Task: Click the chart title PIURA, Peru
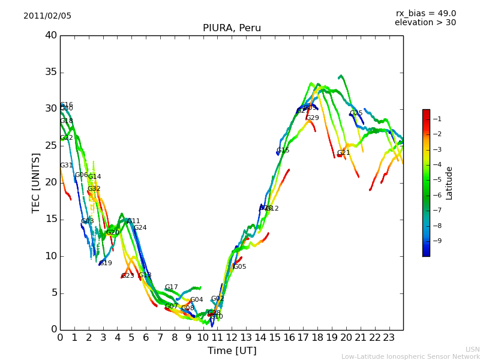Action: click(232, 28)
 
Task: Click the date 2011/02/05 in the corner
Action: click(47, 16)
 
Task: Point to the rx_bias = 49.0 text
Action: click(425, 14)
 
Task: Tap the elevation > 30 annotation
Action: click(425, 23)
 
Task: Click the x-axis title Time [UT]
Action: click(232, 351)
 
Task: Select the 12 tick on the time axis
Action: click(232, 337)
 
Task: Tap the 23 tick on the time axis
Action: click(389, 337)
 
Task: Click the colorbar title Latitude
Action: click(449, 183)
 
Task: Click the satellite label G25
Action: click(356, 113)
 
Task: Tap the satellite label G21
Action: click(343, 153)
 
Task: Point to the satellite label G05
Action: click(239, 267)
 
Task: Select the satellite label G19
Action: click(106, 263)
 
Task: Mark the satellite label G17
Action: click(171, 287)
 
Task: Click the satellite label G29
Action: click(313, 118)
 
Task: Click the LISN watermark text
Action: click(472, 349)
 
